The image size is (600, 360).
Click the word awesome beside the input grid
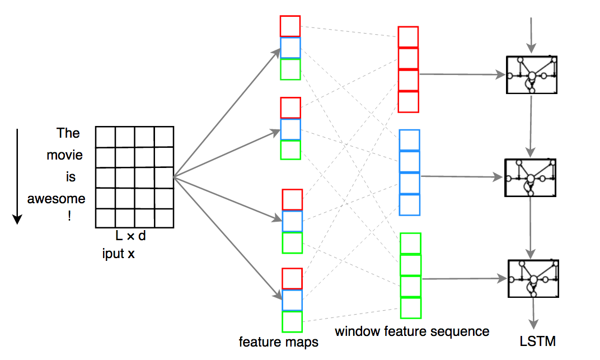(56, 199)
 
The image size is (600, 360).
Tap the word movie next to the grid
(65, 155)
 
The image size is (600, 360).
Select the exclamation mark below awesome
(69, 216)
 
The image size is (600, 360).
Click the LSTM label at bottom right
(538, 342)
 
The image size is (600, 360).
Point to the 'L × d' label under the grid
(130, 236)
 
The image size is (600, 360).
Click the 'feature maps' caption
(279, 342)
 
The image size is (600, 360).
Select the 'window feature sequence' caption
(412, 331)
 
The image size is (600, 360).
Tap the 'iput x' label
(118, 254)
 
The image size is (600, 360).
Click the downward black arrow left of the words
(17, 176)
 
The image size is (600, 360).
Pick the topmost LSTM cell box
(532, 75)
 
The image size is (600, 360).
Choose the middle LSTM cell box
(531, 178)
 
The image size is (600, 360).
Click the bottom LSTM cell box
(533, 278)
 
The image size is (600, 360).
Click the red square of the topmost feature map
(290, 26)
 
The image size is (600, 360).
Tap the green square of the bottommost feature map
(292, 322)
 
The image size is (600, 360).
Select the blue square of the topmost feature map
(290, 48)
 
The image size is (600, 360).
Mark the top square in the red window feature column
(408, 37)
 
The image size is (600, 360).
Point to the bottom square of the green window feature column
(411, 307)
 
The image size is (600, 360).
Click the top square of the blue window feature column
(410, 140)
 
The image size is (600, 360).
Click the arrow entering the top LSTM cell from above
(531, 35)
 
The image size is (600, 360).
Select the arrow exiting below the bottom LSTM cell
(533, 314)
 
